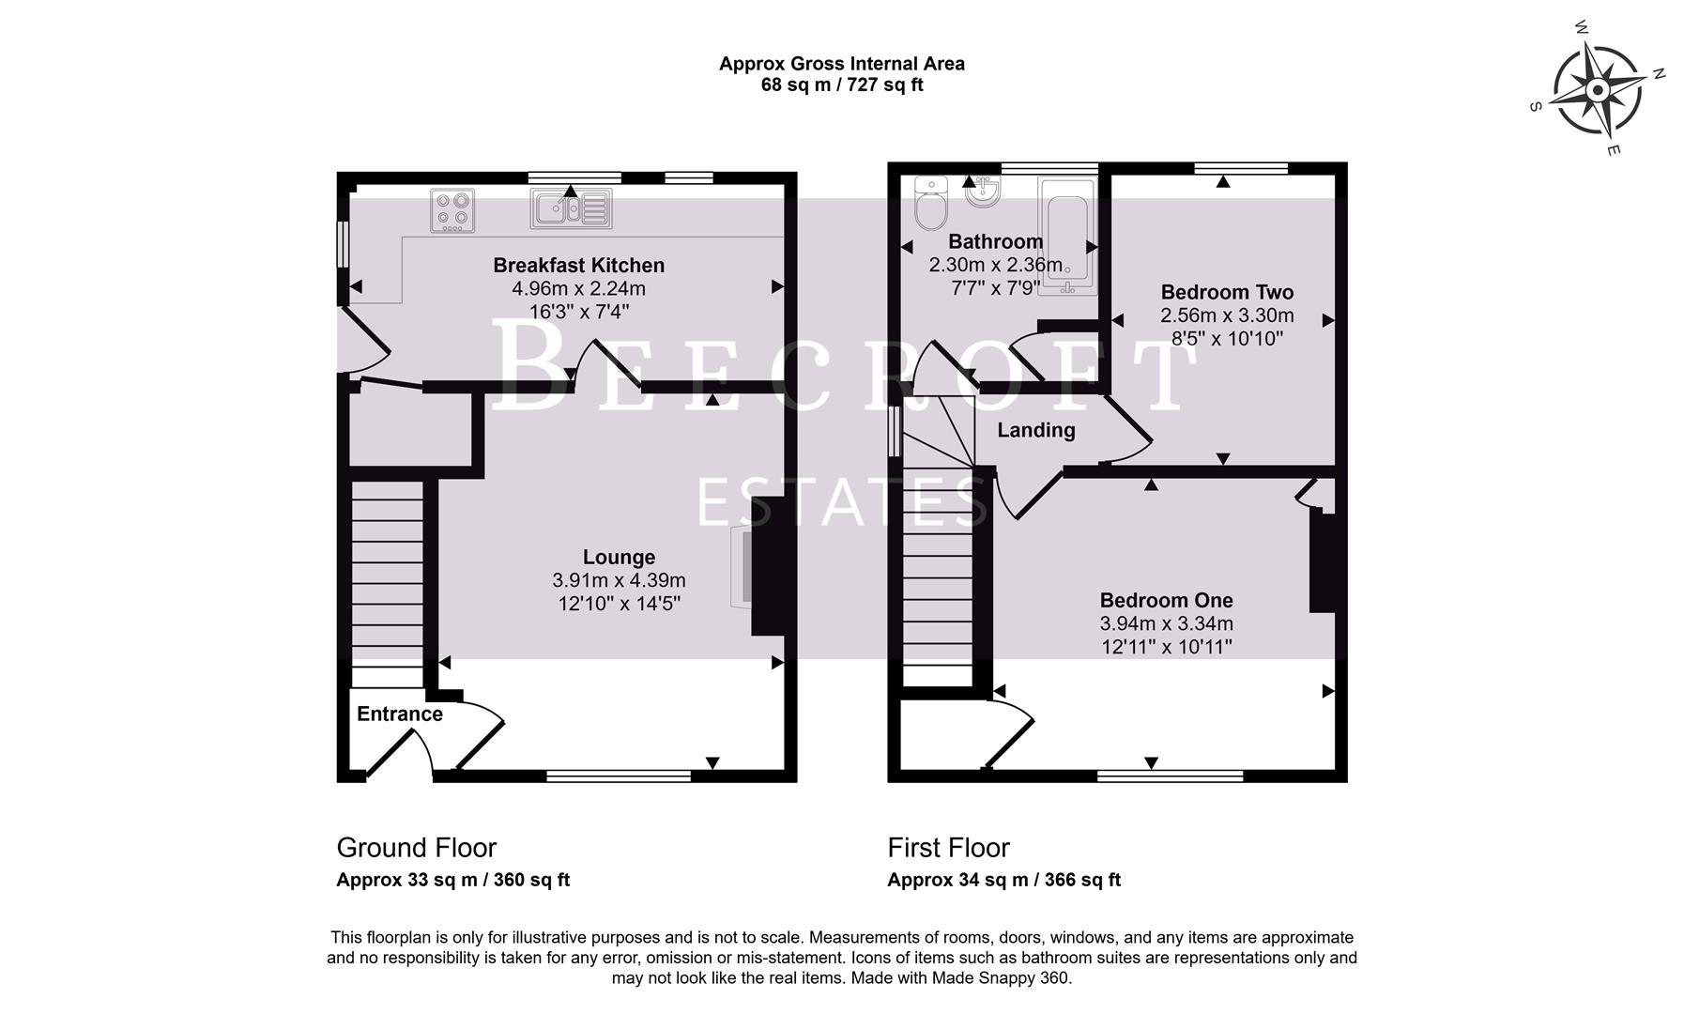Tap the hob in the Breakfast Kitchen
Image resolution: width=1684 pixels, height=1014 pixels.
[x=452, y=210]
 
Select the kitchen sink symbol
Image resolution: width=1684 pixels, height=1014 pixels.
[x=571, y=208]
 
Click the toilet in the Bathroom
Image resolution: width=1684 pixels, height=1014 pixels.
[x=932, y=207]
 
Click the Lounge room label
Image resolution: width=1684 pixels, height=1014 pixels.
[x=619, y=557]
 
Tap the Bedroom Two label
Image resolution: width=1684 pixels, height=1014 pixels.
[x=1226, y=292]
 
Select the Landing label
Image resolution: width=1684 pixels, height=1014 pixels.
[x=1035, y=430]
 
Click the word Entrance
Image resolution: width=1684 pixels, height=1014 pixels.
[x=399, y=714]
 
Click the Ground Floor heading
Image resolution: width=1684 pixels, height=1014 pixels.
[x=416, y=848]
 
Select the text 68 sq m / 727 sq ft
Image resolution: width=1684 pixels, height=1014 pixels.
[x=841, y=85]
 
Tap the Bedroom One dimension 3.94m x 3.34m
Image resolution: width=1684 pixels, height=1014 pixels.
[x=1166, y=623]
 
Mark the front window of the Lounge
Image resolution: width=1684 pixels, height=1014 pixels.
[x=618, y=776]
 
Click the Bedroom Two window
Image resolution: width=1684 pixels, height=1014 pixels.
[x=1240, y=169]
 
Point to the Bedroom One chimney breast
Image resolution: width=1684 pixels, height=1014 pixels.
[x=1322, y=561]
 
